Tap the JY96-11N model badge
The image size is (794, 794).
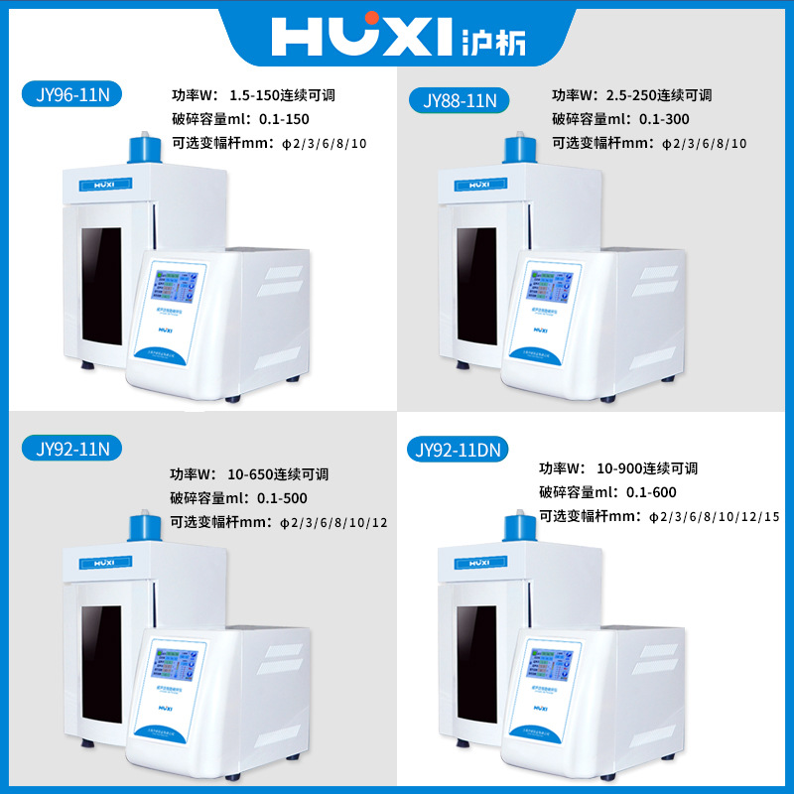coord(71,94)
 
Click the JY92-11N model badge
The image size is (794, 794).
coord(71,449)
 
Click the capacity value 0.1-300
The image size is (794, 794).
coord(666,120)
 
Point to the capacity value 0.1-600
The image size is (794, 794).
coord(652,492)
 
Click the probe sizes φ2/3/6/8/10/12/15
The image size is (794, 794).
coord(714,516)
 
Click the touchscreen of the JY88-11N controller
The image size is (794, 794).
coord(549,287)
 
